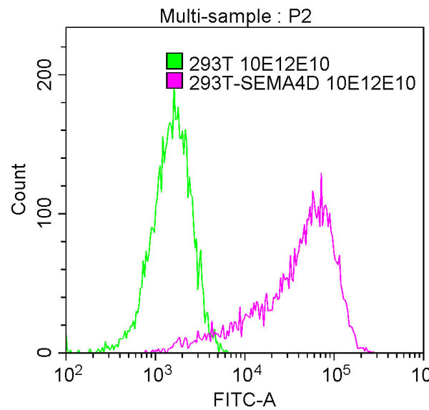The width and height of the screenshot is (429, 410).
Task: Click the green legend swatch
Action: (174, 60)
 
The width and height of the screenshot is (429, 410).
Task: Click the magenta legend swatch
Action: (174, 83)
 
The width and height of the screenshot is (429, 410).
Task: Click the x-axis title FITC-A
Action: (245, 399)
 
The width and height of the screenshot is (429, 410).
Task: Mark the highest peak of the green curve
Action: (174, 91)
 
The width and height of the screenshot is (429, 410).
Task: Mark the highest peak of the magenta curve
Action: (321, 174)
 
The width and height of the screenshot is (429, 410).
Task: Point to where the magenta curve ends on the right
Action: (373, 351)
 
